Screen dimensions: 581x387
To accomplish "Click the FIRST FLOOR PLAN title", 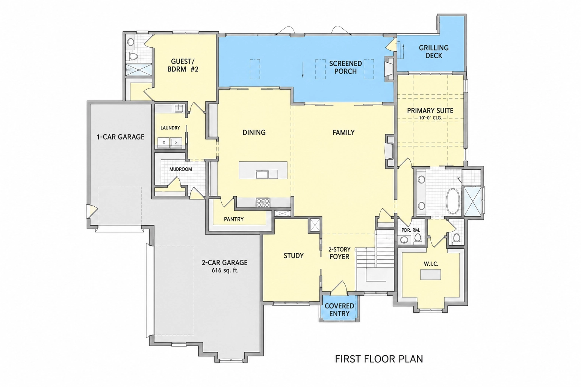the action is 379,359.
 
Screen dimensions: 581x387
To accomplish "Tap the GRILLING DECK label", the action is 434,51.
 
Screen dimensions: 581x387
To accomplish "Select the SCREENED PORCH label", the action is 345,67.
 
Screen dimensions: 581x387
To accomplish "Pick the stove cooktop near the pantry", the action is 263,203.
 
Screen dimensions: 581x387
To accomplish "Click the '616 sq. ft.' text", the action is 225,271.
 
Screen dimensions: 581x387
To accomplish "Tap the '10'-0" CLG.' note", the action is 430,118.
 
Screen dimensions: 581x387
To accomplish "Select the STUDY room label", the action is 294,256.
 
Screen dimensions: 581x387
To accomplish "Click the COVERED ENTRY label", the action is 339,310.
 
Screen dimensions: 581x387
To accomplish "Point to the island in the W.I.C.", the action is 430,274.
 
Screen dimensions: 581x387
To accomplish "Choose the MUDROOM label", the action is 181,169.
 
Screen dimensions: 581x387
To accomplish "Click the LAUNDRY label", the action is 170,128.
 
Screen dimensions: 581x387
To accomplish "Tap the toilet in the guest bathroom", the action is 133,56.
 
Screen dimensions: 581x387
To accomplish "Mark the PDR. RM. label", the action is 411,230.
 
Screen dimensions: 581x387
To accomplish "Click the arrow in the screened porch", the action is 303,70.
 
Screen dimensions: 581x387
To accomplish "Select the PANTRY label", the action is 234,219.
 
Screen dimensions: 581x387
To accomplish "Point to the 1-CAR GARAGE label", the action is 121,137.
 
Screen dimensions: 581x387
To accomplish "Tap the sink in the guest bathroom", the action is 131,42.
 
